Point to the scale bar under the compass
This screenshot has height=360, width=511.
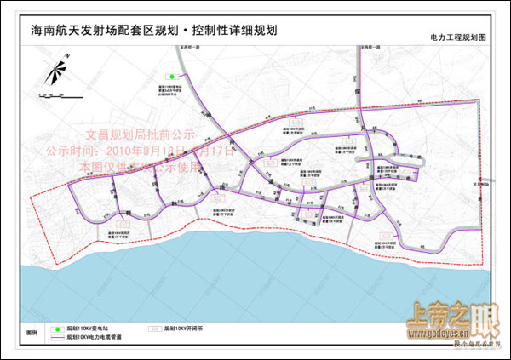(57, 90)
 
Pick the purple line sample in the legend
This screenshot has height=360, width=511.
(59, 336)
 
